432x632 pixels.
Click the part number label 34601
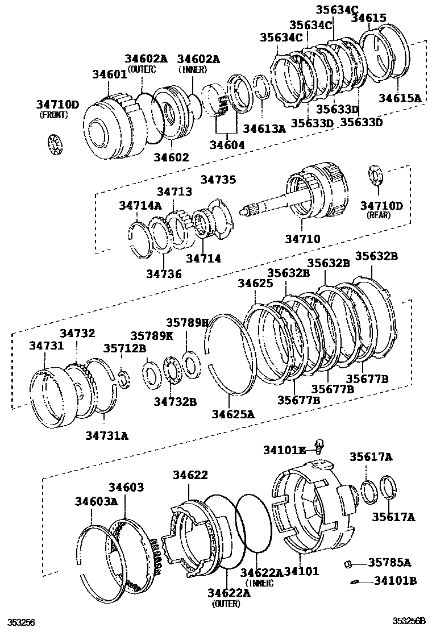110,74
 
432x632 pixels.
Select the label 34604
226,145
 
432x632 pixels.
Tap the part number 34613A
265,129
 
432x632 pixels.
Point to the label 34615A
400,98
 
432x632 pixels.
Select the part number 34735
218,180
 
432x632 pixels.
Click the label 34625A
234,414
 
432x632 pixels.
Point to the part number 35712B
124,348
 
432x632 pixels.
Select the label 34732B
175,402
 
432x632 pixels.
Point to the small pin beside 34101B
356,581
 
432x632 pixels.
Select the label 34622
190,475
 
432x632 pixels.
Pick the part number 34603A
96,501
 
